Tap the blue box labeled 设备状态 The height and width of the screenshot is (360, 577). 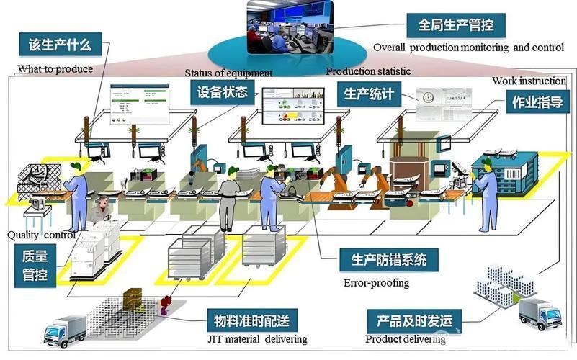click(222, 91)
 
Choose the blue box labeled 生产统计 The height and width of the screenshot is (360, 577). click(368, 94)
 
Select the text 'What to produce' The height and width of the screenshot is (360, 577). click(55, 69)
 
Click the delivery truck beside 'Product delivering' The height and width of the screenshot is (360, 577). click(540, 314)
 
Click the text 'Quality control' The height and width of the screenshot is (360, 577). click(41, 235)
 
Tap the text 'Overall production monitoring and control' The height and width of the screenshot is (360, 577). click(468, 48)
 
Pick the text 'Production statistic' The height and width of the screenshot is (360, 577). click(368, 71)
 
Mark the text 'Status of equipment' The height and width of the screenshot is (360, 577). click(228, 73)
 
